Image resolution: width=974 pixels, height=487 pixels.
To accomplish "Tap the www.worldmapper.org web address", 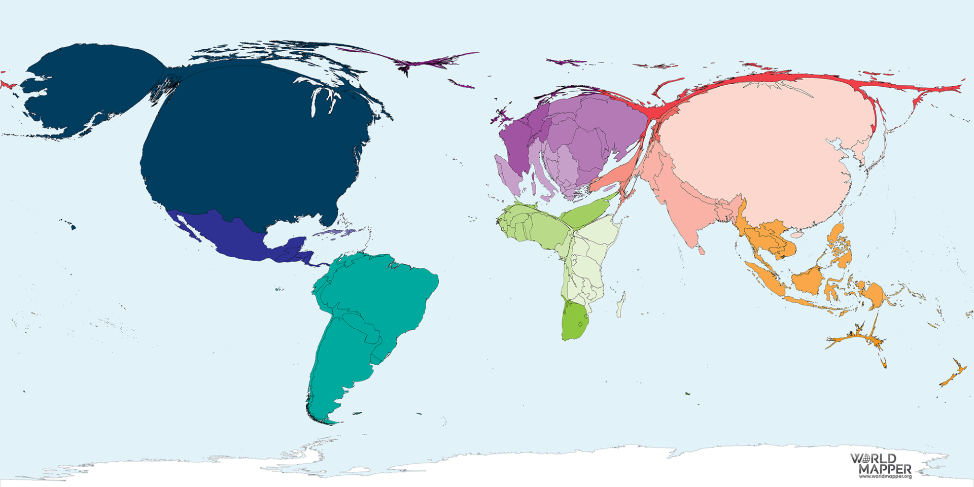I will [885, 476].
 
